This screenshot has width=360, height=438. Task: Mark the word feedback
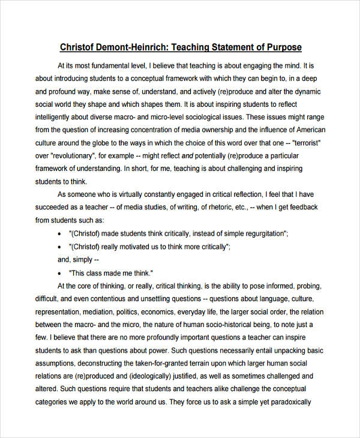(304, 207)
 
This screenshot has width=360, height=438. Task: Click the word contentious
(116, 299)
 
